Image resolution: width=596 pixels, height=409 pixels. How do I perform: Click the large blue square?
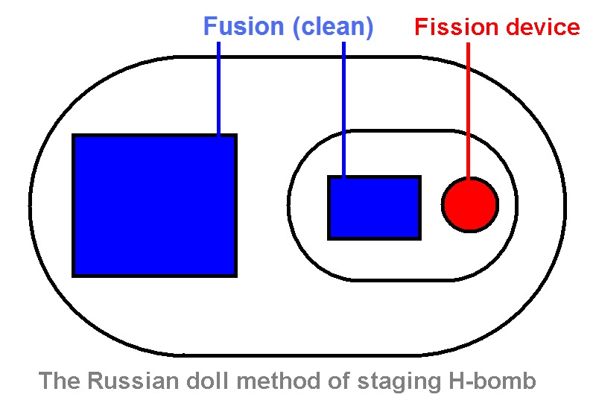(x=154, y=205)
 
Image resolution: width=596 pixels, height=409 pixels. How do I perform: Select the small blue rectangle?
(x=374, y=208)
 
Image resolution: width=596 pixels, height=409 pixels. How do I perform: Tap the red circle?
(x=469, y=204)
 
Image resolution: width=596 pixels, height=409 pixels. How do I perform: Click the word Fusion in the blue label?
(x=244, y=28)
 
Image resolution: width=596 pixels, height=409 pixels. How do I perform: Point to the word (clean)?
(x=332, y=28)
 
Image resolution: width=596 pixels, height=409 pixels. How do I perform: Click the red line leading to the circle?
(x=468, y=112)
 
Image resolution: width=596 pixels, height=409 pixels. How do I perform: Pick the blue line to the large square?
(x=218, y=89)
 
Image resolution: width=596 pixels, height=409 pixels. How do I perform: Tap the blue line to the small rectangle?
(x=343, y=112)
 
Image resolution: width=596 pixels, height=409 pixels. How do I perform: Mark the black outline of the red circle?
(x=443, y=204)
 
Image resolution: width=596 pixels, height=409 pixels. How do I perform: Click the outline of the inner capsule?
(x=289, y=206)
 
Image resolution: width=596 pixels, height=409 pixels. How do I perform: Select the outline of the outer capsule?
(x=31, y=206)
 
